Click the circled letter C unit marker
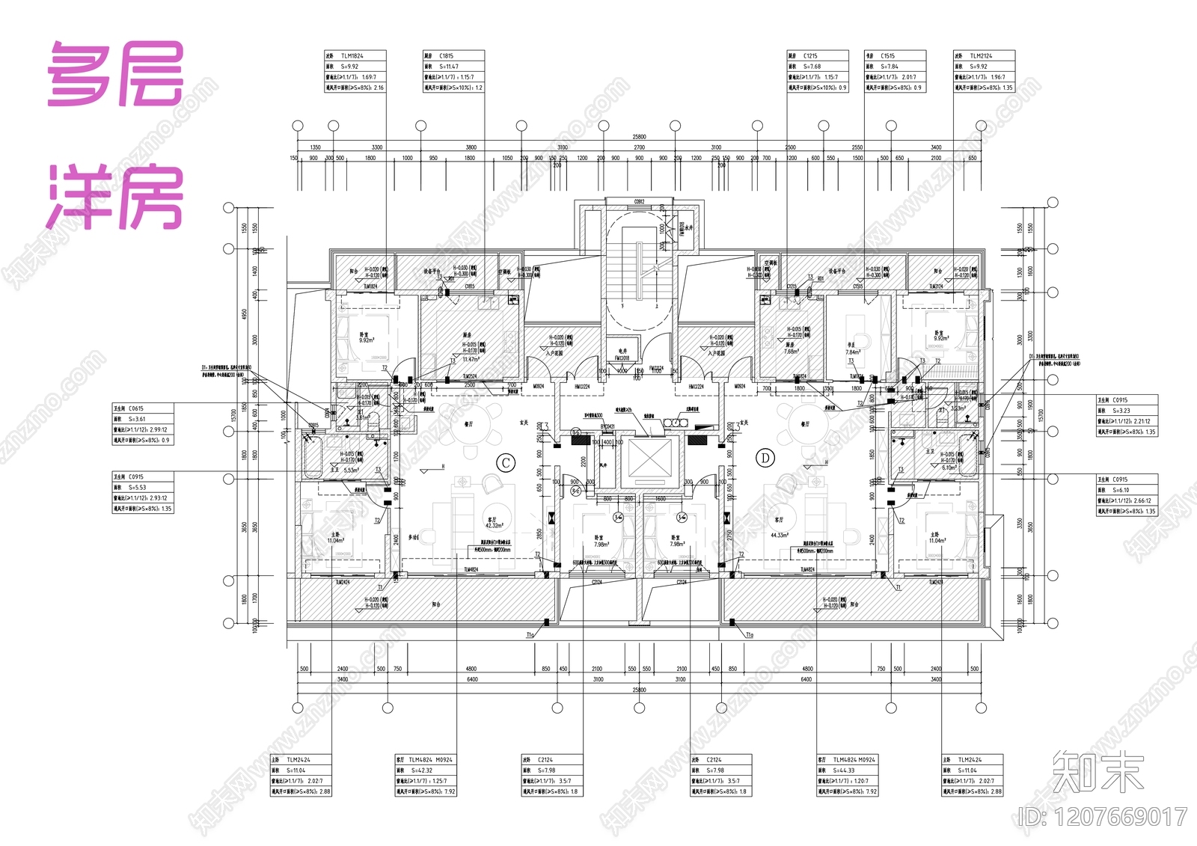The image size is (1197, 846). click(506, 462)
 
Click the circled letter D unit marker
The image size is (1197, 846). click(765, 458)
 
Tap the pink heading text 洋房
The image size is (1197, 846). click(116, 196)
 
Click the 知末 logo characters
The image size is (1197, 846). click(1097, 772)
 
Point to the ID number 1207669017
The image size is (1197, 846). click(1103, 817)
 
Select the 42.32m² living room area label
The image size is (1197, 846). click(494, 525)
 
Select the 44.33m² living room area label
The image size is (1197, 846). click(779, 535)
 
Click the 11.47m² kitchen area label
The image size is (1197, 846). click(471, 360)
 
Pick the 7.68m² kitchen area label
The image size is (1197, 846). click(791, 351)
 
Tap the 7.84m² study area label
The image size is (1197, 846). click(852, 352)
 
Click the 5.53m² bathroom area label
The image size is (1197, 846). click(350, 470)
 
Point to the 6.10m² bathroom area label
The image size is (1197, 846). click(948, 468)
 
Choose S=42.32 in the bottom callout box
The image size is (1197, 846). click(423, 770)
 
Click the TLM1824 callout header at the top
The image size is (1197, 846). click(352, 56)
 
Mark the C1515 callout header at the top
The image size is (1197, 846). click(887, 56)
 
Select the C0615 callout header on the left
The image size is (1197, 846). click(135, 408)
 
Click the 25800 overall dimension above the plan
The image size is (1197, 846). click(639, 137)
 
